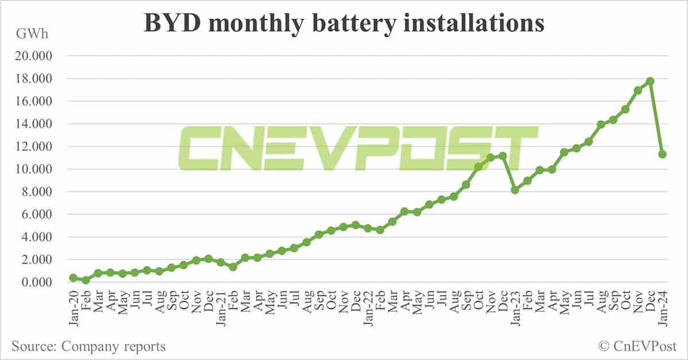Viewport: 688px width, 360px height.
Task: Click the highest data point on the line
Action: coord(650,81)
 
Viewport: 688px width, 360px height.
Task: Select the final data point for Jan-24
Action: coord(662,154)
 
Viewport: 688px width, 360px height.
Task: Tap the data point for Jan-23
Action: coord(515,190)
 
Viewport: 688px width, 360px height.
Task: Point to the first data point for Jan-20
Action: coord(73,277)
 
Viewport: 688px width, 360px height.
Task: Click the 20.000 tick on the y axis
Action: coord(36,56)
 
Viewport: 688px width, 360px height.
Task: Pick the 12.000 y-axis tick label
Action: coord(36,147)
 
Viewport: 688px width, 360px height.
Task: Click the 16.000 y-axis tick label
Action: coord(36,101)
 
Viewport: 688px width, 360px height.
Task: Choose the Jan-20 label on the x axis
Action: coord(73,310)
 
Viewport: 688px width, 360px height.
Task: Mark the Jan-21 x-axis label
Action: coord(220,310)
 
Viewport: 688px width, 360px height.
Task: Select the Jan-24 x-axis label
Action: coord(662,310)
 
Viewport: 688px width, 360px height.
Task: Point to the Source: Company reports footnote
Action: coord(88,346)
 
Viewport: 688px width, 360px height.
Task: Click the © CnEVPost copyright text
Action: coord(637,346)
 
